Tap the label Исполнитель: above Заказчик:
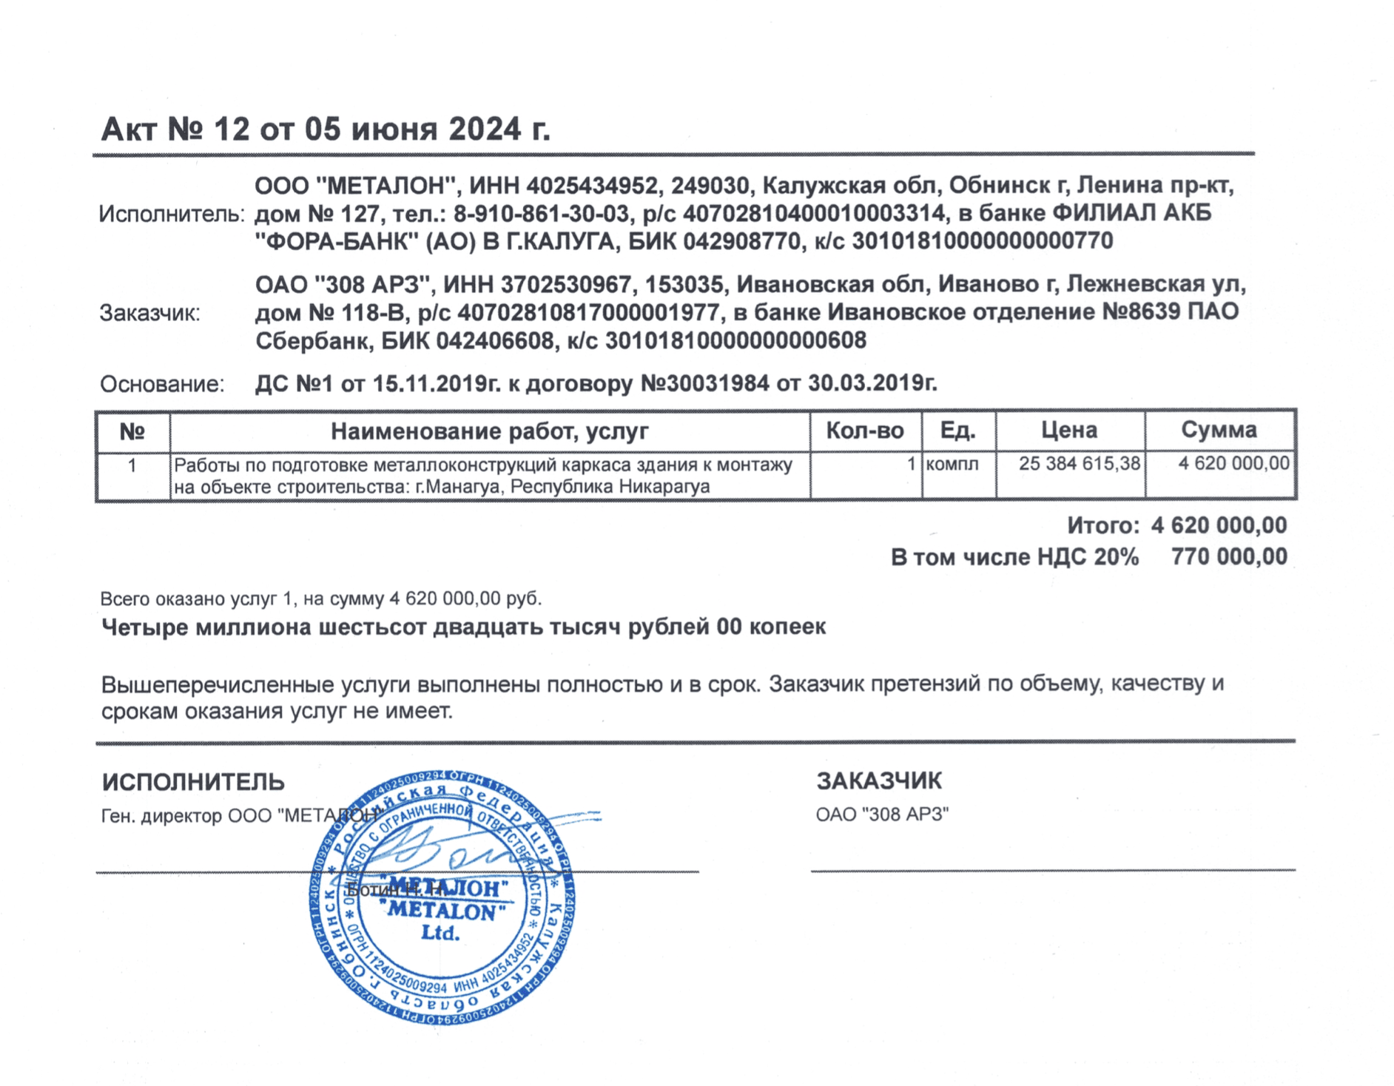coord(171,215)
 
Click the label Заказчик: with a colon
coord(150,314)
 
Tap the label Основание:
coord(162,385)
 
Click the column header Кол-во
coord(864,431)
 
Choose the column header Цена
coord(1069,431)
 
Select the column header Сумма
coord(1219,431)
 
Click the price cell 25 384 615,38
coord(1079,465)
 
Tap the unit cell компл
coord(952,465)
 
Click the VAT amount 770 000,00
coord(1229,557)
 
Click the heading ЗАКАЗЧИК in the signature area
coord(879,781)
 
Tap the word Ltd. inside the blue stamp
coord(441,934)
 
